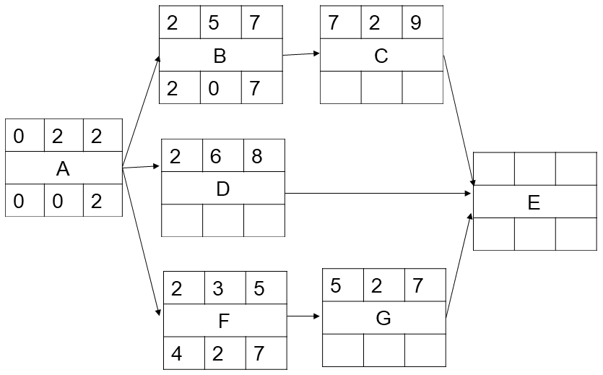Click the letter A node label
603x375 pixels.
tap(63, 169)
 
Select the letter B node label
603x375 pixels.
tap(220, 56)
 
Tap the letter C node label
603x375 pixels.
tap(381, 56)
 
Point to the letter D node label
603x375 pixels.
tap(223, 189)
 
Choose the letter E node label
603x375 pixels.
tap(534, 203)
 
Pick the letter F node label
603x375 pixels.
tap(224, 321)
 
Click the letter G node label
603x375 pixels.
tap(383, 319)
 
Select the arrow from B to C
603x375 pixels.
tap(301, 54)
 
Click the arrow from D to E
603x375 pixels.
tap(378, 193)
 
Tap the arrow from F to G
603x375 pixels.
tap(303, 316)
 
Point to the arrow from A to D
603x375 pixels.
tap(141, 167)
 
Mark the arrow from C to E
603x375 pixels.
tap(459, 121)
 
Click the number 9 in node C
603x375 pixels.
tap(416, 22)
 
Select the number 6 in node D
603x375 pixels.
tap(215, 156)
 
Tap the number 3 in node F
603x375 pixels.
tap(217, 288)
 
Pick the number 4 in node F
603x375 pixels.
tap(176, 353)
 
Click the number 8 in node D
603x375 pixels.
tap(257, 156)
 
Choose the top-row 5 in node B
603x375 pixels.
tap(214, 22)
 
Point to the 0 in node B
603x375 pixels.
tap(214, 88)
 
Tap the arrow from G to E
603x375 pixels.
tap(459, 265)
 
